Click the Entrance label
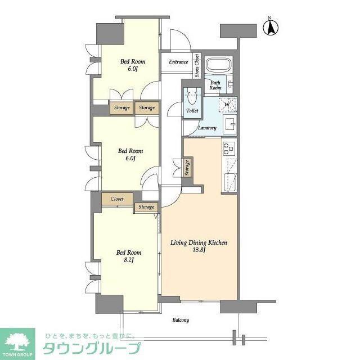point(178,62)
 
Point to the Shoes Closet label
point(197,65)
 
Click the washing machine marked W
point(227,105)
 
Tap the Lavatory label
point(207,128)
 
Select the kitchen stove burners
point(228,148)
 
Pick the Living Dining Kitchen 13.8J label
point(199,246)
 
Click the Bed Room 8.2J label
point(129,256)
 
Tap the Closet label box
point(117,199)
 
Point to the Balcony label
point(181,320)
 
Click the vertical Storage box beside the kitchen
point(187,168)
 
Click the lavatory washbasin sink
point(229,124)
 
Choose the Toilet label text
point(192,111)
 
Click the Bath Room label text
point(215,85)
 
